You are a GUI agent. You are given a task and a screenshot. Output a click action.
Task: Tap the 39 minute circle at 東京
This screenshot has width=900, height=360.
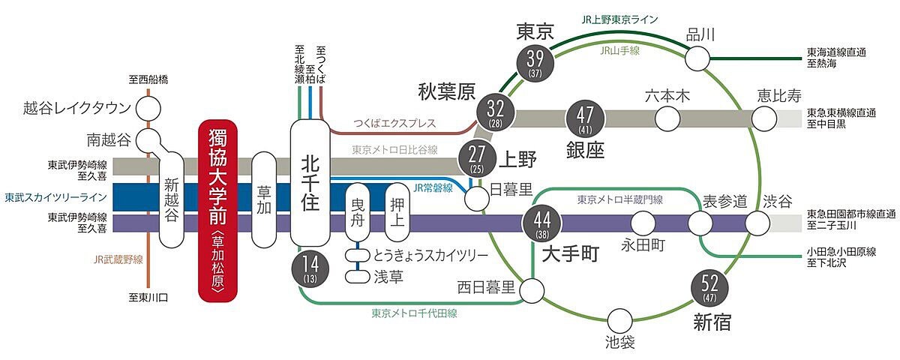click(536, 61)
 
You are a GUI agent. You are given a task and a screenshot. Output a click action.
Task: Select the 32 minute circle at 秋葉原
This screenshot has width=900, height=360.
click(494, 112)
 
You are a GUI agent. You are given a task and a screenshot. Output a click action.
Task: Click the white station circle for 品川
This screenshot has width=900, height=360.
click(698, 58)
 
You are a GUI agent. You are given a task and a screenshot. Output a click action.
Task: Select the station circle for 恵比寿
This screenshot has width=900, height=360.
click(766, 118)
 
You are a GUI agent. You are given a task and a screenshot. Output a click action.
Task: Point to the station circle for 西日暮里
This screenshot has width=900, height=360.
click(533, 288)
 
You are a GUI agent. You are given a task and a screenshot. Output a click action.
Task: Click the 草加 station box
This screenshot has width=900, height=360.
click(264, 200)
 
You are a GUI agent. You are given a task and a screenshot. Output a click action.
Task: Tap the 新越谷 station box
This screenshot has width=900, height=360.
click(172, 200)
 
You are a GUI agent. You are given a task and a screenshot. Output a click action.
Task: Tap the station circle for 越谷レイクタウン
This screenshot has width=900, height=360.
click(148, 108)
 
